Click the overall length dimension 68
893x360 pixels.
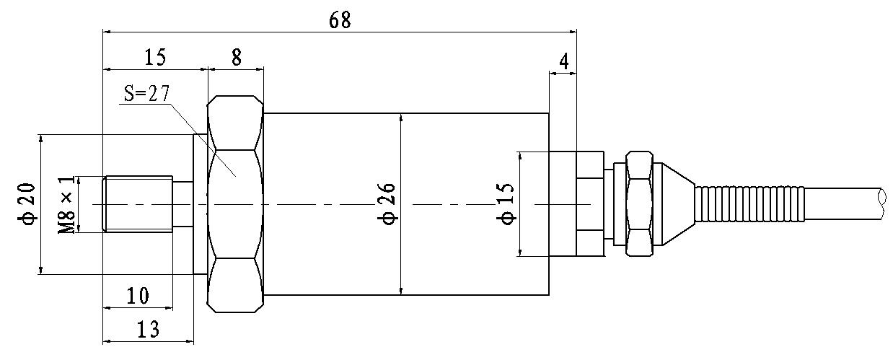point(340,20)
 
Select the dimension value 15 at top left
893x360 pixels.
point(154,58)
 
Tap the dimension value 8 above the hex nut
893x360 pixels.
point(236,58)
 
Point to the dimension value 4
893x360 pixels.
point(564,62)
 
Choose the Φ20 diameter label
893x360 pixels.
point(27,204)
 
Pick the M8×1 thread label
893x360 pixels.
point(66,205)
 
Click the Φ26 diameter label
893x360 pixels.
point(387,204)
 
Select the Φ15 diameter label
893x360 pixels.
point(507,204)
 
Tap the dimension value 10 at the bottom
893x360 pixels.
point(137,295)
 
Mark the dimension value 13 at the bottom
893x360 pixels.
point(148,329)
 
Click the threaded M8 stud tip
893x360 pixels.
point(137,204)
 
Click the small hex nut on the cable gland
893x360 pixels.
point(639,204)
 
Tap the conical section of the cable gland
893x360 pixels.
point(677,204)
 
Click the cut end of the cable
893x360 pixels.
point(881,204)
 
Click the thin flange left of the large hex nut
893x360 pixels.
point(201,204)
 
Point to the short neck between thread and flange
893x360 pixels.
point(183,204)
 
